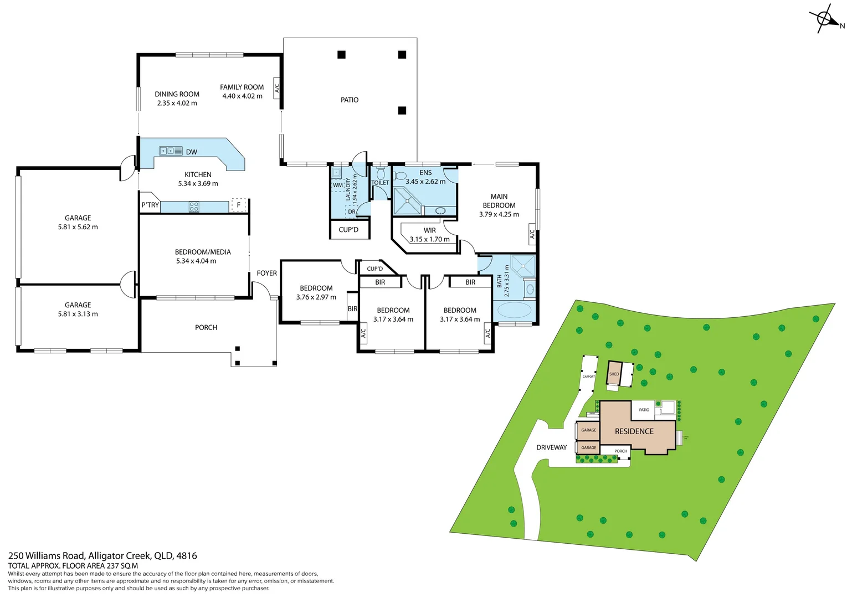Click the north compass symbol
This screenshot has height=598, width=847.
click(x=825, y=19)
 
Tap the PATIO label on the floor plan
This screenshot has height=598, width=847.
click(x=349, y=100)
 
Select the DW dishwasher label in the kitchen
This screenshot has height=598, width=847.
click(x=192, y=152)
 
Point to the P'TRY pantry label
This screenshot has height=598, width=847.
click(x=150, y=205)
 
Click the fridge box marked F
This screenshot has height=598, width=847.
click(x=239, y=205)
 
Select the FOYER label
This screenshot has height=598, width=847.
click(x=266, y=273)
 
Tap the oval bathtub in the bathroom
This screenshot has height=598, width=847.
click(x=514, y=310)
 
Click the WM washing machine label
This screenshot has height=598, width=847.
click(x=337, y=185)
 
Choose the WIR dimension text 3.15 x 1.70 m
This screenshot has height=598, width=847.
click(x=429, y=239)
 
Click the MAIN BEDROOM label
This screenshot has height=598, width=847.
click(x=499, y=200)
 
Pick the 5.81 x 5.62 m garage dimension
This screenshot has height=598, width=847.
click(x=78, y=227)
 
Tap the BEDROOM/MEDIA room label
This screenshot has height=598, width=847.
click(x=203, y=252)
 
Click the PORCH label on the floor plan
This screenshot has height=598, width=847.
click(x=206, y=327)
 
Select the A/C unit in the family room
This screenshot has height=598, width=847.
click(x=277, y=87)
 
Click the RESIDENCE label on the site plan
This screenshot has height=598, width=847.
click(x=634, y=431)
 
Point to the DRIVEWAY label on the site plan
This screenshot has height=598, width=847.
click(x=551, y=447)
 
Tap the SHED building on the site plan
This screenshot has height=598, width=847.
click(x=614, y=374)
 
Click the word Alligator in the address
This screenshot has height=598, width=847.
click(x=106, y=555)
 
